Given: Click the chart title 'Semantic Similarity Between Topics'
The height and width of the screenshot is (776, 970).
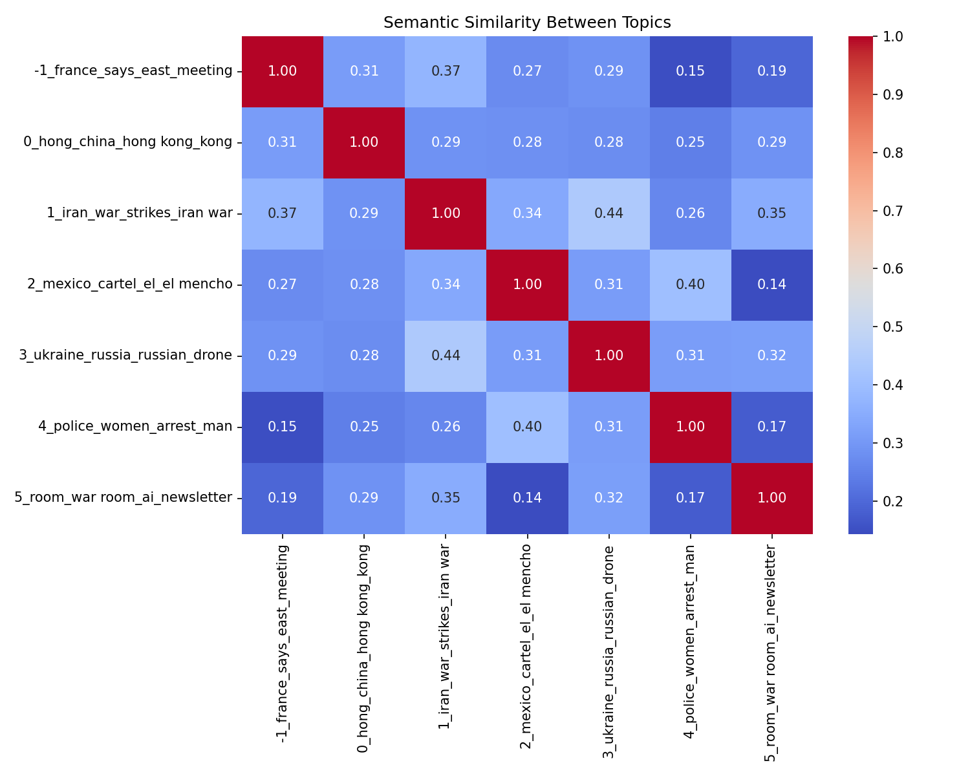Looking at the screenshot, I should click(x=527, y=23).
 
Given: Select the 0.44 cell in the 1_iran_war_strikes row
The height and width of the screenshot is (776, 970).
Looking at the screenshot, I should click(x=609, y=213).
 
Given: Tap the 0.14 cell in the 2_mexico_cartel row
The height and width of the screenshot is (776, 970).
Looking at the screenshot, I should click(x=772, y=285).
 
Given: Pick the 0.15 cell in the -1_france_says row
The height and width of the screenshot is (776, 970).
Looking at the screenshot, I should click(x=690, y=71).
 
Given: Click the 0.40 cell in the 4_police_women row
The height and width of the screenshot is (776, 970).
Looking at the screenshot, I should click(x=527, y=427).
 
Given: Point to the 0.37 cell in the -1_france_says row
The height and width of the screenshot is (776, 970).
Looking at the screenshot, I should click(x=446, y=71).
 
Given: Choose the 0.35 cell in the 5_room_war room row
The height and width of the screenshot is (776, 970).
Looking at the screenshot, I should click(x=446, y=498).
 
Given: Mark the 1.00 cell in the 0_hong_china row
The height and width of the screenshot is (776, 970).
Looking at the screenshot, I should click(x=364, y=142).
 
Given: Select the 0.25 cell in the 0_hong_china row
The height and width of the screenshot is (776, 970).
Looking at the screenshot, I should click(x=690, y=142).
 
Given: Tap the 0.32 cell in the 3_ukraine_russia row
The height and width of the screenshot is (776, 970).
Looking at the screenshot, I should click(x=772, y=356).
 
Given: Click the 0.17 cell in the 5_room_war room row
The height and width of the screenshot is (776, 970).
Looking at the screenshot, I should click(x=690, y=498).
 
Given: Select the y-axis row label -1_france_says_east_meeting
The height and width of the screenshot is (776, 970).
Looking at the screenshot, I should click(x=133, y=71).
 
